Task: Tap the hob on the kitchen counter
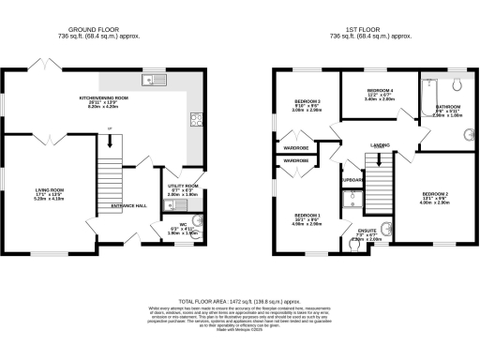pos(197,118)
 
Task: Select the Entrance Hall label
pos(128,205)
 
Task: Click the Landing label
pos(380,145)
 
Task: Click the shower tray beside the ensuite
pos(352,198)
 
